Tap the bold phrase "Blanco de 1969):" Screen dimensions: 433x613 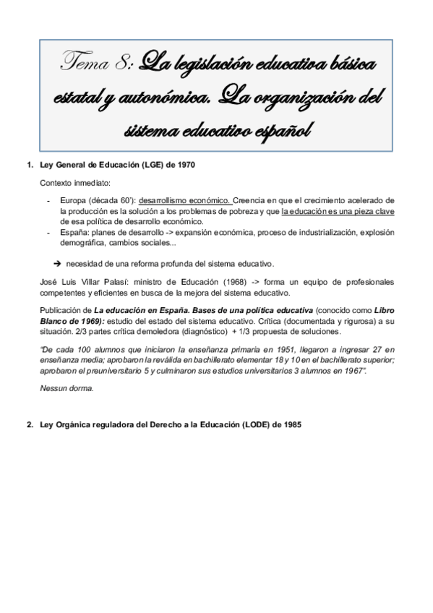(75, 320)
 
